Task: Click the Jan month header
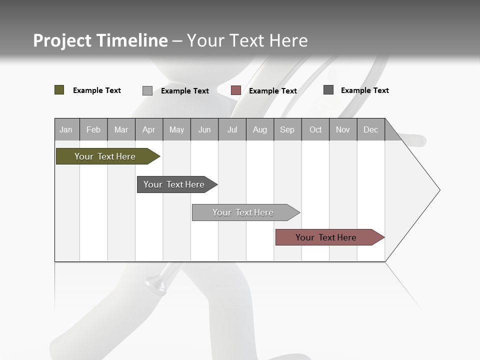[66, 129]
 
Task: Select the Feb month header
[93, 129]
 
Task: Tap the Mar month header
[121, 129]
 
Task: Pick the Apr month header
[149, 129]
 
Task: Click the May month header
[176, 129]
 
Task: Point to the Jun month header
[204, 129]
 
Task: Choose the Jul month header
[232, 129]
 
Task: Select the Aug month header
[260, 129]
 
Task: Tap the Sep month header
[287, 129]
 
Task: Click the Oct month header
[315, 129]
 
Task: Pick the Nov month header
[343, 129]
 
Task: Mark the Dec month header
[371, 129]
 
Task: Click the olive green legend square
[59, 90]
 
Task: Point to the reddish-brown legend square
[236, 90]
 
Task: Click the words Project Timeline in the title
[100, 40]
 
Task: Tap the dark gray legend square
[328, 90]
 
